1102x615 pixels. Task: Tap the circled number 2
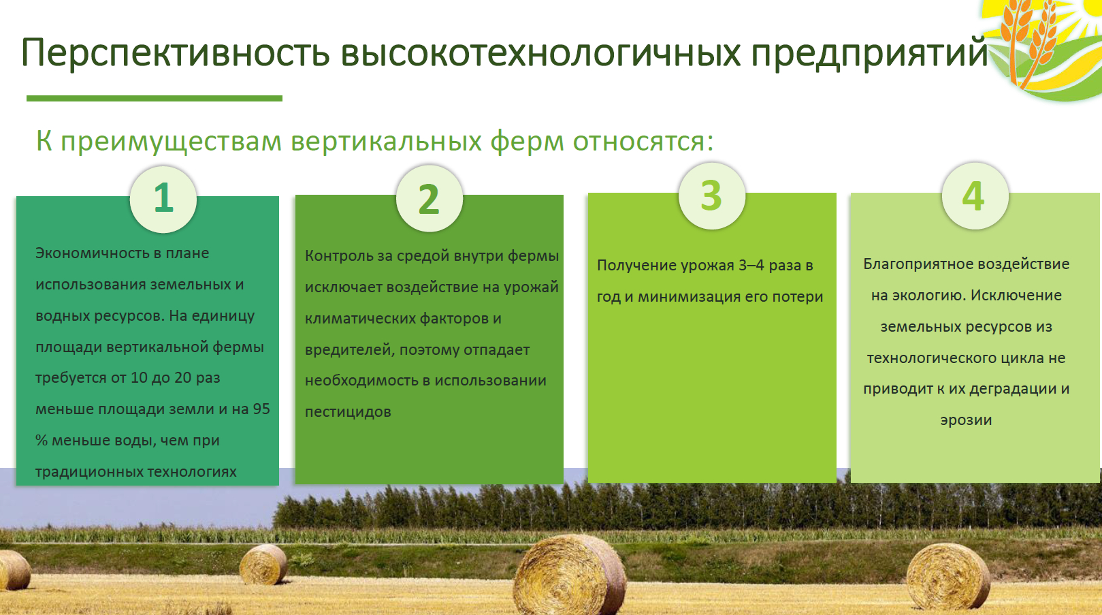(x=429, y=198)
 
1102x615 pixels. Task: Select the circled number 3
(x=711, y=196)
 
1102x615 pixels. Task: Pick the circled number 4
(x=975, y=196)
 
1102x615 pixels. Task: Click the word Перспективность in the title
(x=175, y=53)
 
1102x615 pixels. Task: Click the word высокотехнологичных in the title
(x=540, y=52)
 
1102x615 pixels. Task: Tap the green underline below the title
(x=155, y=99)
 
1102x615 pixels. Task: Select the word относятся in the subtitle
(x=643, y=141)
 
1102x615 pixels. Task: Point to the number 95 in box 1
(x=261, y=409)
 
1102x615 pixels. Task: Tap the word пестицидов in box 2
(x=348, y=412)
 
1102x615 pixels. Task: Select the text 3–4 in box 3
(x=751, y=266)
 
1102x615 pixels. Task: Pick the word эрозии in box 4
(x=967, y=420)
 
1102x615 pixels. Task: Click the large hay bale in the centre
(x=569, y=575)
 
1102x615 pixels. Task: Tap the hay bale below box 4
(x=947, y=577)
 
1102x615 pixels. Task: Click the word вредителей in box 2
(x=350, y=350)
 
